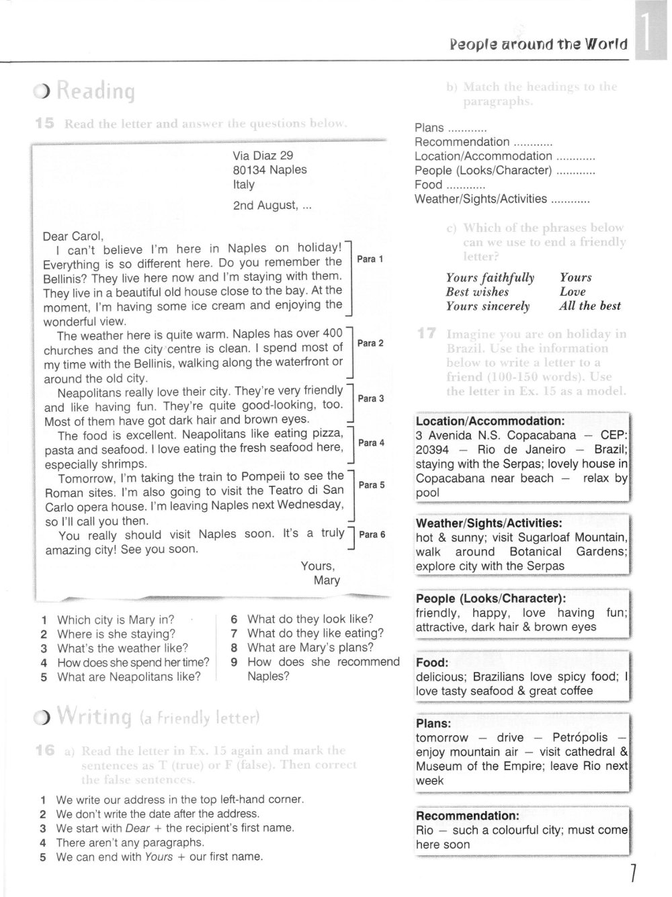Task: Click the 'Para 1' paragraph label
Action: pos(370,259)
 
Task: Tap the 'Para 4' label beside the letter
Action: pos(372,443)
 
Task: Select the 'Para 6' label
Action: pos(372,535)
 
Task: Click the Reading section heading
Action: pos(95,91)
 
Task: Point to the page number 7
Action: pos(632,873)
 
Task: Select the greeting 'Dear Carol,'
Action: pos(73,236)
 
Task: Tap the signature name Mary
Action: pos(327,581)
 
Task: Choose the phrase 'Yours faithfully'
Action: pos(490,277)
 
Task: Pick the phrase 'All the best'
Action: pos(590,306)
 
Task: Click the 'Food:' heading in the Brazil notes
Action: pos(432,663)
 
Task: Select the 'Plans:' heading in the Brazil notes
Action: pos(433,724)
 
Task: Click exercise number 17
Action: pos(427,333)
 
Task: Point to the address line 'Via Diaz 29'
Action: pos(263,156)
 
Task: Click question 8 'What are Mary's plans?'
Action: pos(310,648)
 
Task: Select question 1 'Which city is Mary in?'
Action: pos(116,620)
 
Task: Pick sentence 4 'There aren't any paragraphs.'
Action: pos(130,843)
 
